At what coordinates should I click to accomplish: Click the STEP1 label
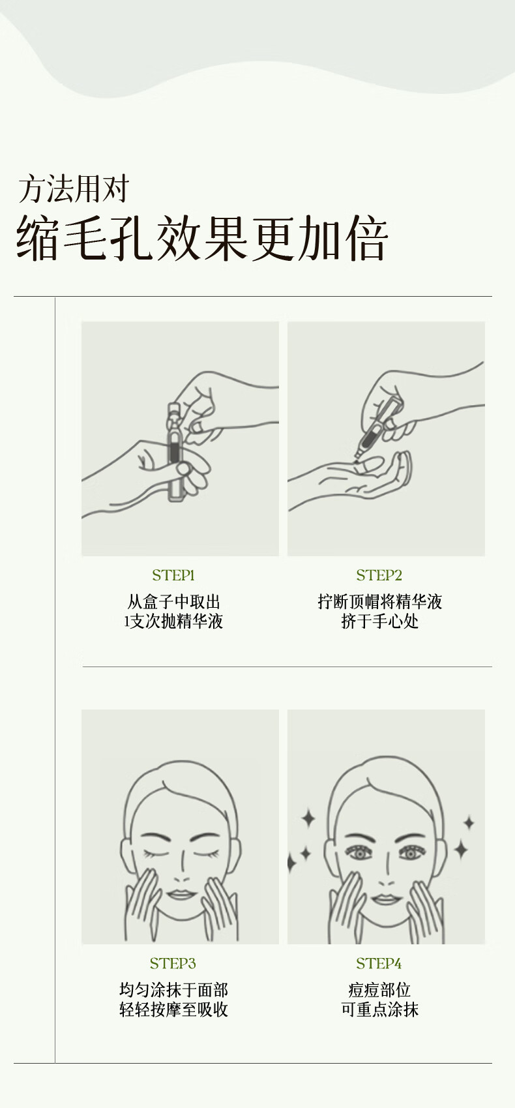[x=173, y=575]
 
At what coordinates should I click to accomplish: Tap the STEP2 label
[x=379, y=575]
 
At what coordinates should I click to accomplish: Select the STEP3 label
[x=173, y=964]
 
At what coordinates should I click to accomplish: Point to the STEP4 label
[x=379, y=964]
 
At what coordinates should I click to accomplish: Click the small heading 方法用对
[x=74, y=189]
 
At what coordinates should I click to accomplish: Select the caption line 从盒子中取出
[x=173, y=602]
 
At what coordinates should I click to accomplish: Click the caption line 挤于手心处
[x=379, y=621]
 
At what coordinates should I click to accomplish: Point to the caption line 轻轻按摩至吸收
[x=173, y=1010]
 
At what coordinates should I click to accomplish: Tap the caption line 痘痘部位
[x=379, y=990]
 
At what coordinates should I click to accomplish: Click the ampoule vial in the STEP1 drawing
[x=173, y=452]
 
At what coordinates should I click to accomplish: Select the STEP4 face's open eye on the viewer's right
[x=410, y=853]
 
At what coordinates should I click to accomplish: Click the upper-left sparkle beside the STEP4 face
[x=308, y=818]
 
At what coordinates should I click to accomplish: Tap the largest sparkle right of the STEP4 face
[x=461, y=849]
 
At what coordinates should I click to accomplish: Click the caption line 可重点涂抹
[x=379, y=1010]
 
